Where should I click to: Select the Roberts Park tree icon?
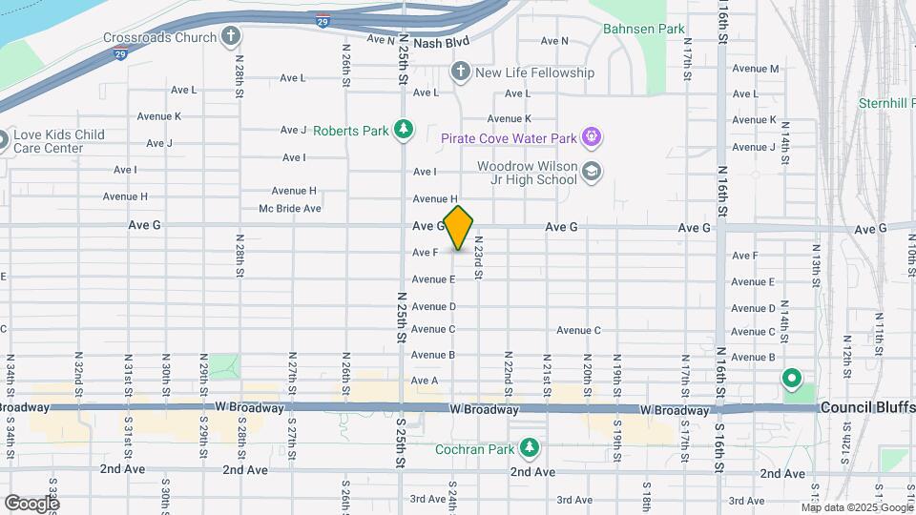click(x=405, y=130)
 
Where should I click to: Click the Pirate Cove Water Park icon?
click(x=592, y=138)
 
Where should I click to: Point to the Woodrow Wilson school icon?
click(x=592, y=172)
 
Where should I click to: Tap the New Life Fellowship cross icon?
click(x=460, y=72)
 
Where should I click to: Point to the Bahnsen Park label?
click(x=643, y=30)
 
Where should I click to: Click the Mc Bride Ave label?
click(x=290, y=208)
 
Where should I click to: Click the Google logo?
click(x=31, y=503)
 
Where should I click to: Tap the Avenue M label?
click(x=756, y=69)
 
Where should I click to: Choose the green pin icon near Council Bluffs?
click(x=791, y=380)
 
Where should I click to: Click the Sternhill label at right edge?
click(x=886, y=102)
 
